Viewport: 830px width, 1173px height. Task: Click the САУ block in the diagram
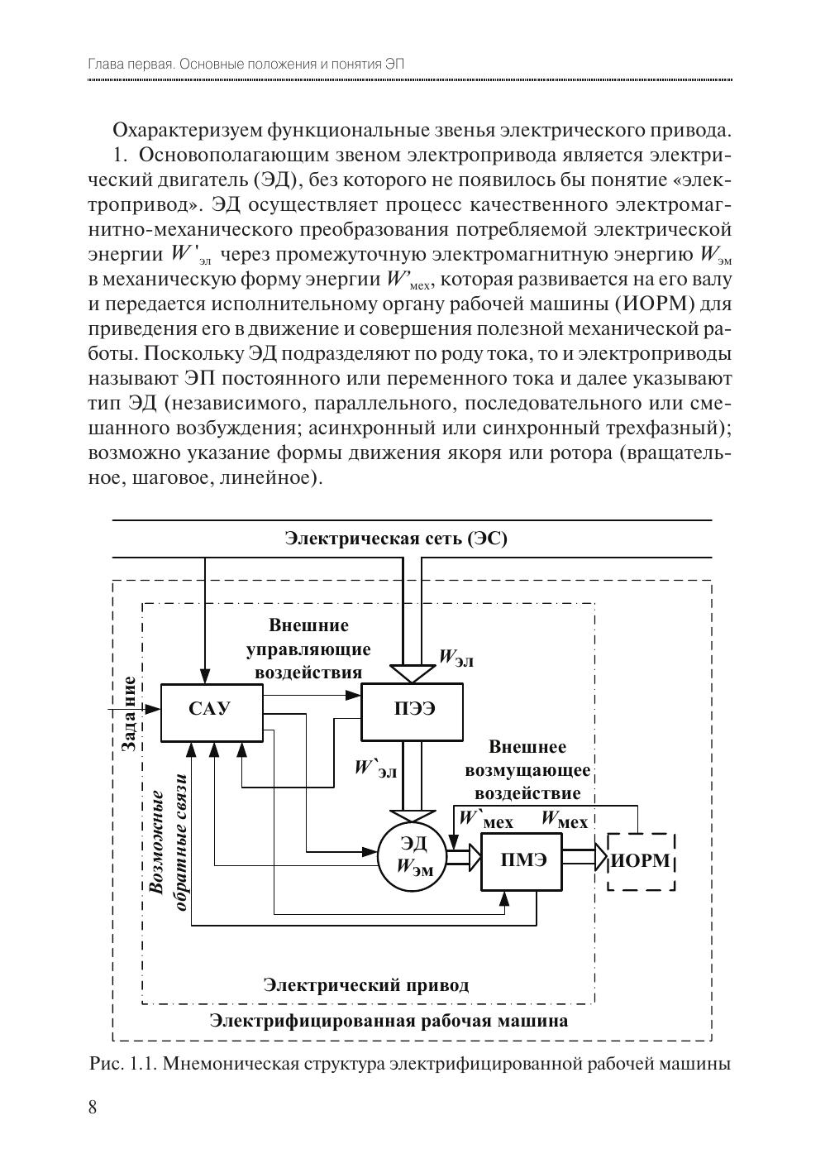tap(211, 712)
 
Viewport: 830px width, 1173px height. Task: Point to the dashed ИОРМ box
tap(642, 861)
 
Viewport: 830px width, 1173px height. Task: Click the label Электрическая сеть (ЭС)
tap(396, 540)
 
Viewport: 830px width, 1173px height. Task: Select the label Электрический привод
tap(366, 984)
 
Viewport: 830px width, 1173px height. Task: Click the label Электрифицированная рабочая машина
tap(389, 1021)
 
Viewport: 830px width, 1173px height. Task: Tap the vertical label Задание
tap(129, 713)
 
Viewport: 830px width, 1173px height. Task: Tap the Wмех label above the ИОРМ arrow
tap(565, 821)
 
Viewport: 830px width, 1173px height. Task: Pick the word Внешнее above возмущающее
tap(527, 747)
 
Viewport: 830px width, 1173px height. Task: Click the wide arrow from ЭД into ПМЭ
tap(463, 856)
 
